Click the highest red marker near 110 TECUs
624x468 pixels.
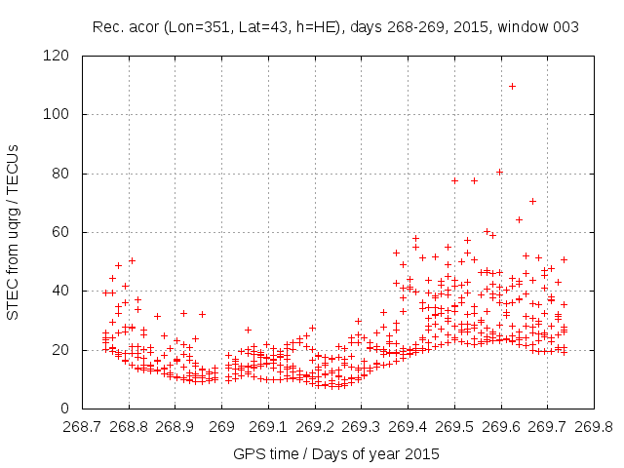coord(512,86)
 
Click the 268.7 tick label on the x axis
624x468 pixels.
coord(82,426)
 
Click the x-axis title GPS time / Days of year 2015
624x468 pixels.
coord(336,453)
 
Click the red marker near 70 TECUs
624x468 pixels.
coord(532,202)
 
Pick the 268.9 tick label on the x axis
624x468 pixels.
coord(175,426)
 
